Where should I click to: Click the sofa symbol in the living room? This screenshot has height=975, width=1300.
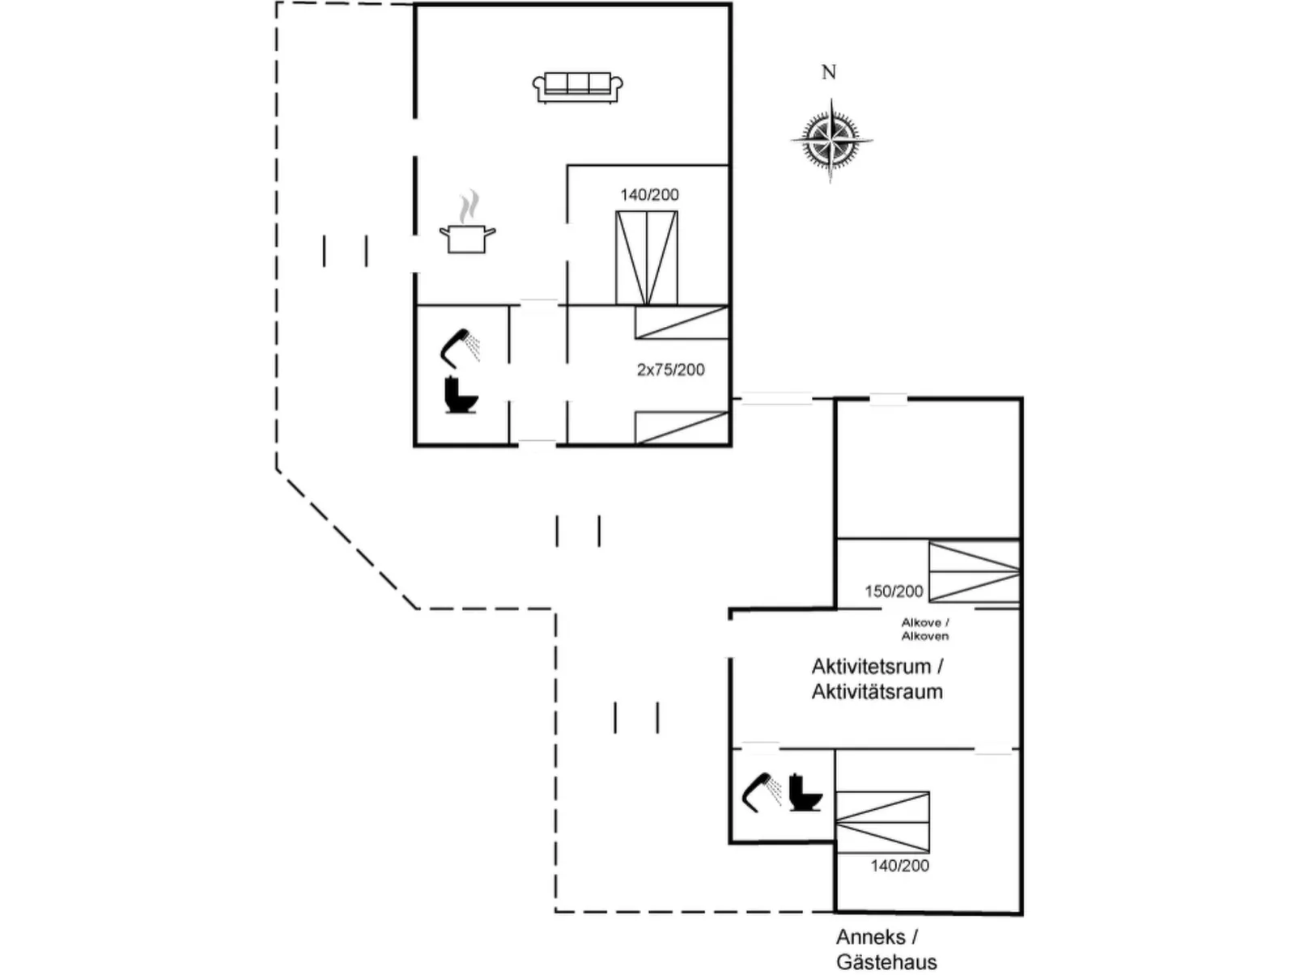(577, 87)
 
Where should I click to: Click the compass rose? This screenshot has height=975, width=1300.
(831, 141)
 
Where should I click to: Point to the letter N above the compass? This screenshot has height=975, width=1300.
(829, 73)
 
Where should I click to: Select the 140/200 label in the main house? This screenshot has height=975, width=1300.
(649, 195)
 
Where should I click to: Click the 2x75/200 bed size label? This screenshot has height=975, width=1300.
(670, 370)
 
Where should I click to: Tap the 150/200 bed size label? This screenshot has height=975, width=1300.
(893, 591)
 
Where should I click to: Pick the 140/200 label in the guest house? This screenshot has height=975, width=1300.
(899, 866)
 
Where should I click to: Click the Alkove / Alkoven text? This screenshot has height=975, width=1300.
(924, 630)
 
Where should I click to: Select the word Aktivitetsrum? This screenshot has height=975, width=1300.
(871, 667)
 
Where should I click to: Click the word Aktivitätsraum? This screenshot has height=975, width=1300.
(877, 692)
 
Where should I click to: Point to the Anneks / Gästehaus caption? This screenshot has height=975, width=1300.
(886, 949)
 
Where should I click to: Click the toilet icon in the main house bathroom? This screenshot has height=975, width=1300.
(461, 395)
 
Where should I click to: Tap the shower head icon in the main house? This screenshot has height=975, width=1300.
(459, 346)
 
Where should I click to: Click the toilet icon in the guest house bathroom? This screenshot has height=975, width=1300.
(805, 792)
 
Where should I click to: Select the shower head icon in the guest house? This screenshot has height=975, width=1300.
(761, 790)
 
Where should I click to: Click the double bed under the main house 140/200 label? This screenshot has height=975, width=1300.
(646, 257)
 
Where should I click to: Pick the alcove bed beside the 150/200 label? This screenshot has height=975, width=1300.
(973, 572)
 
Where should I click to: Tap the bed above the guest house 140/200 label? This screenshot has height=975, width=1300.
(882, 821)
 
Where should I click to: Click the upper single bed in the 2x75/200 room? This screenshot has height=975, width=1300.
(682, 323)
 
